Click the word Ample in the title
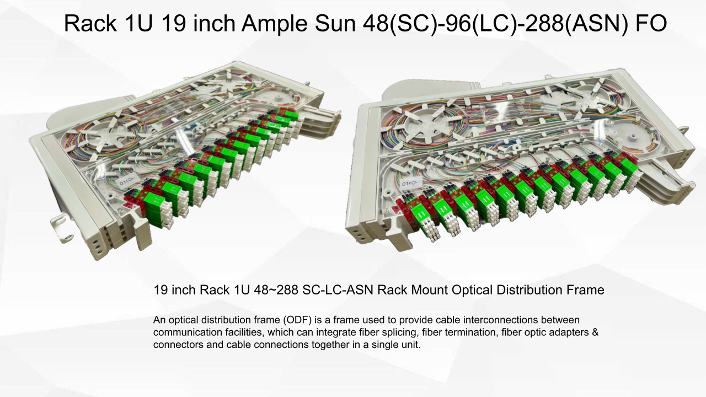(274, 24)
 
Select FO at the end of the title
(651, 23)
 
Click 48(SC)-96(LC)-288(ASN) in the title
(495, 24)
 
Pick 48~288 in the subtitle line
(276, 290)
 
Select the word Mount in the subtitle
(431, 290)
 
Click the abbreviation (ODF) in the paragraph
(297, 320)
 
